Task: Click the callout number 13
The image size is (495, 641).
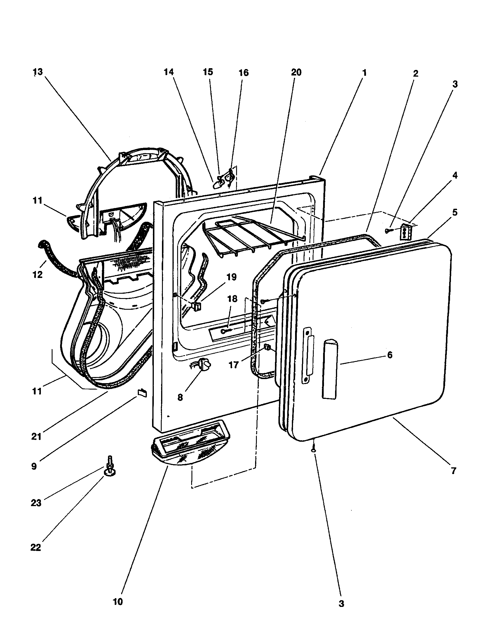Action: point(38,72)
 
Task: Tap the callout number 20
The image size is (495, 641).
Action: point(296,72)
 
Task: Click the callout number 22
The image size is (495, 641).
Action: point(36,547)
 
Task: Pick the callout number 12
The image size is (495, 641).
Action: point(38,275)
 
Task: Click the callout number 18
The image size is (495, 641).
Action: point(232,299)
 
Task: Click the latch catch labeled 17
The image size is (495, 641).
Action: point(267,348)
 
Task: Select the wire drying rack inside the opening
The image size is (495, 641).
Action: point(253,235)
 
